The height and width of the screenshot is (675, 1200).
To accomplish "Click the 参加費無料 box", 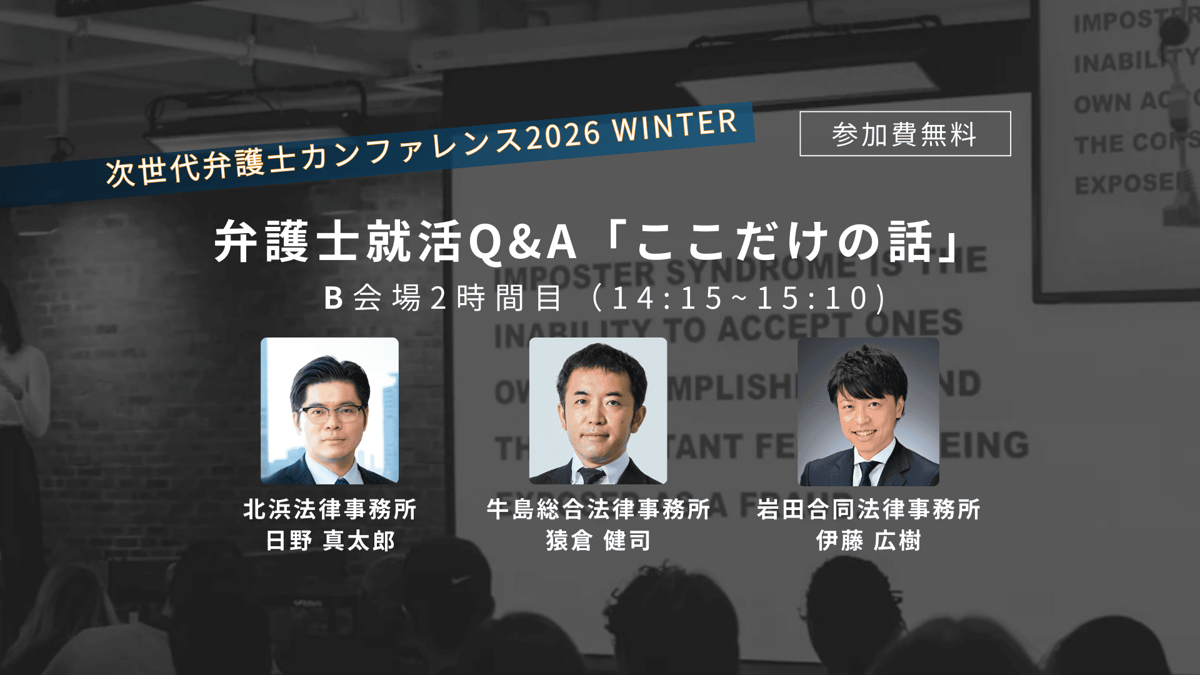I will pyautogui.click(x=904, y=134).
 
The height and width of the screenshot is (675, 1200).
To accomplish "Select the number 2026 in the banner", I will pyautogui.click(x=563, y=136).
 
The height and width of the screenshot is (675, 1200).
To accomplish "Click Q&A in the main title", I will pyautogui.click(x=522, y=242).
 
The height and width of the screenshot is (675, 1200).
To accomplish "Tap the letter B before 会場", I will pyautogui.click(x=334, y=298).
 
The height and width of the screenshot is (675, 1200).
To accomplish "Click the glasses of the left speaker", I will pyautogui.click(x=331, y=413).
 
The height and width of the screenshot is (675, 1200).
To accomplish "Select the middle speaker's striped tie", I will pyautogui.click(x=590, y=475).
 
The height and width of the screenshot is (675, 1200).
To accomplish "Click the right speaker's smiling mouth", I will pyautogui.click(x=865, y=432).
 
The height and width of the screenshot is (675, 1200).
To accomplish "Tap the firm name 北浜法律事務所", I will pyautogui.click(x=329, y=509).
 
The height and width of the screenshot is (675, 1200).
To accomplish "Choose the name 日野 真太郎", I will pyautogui.click(x=329, y=541).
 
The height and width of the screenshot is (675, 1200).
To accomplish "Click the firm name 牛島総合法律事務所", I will pyautogui.click(x=598, y=509).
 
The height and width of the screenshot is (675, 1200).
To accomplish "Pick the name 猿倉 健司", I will pyautogui.click(x=598, y=541).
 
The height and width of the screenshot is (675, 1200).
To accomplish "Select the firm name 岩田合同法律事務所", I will pyautogui.click(x=868, y=509).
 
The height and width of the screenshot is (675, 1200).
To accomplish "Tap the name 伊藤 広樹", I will pyautogui.click(x=868, y=541).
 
